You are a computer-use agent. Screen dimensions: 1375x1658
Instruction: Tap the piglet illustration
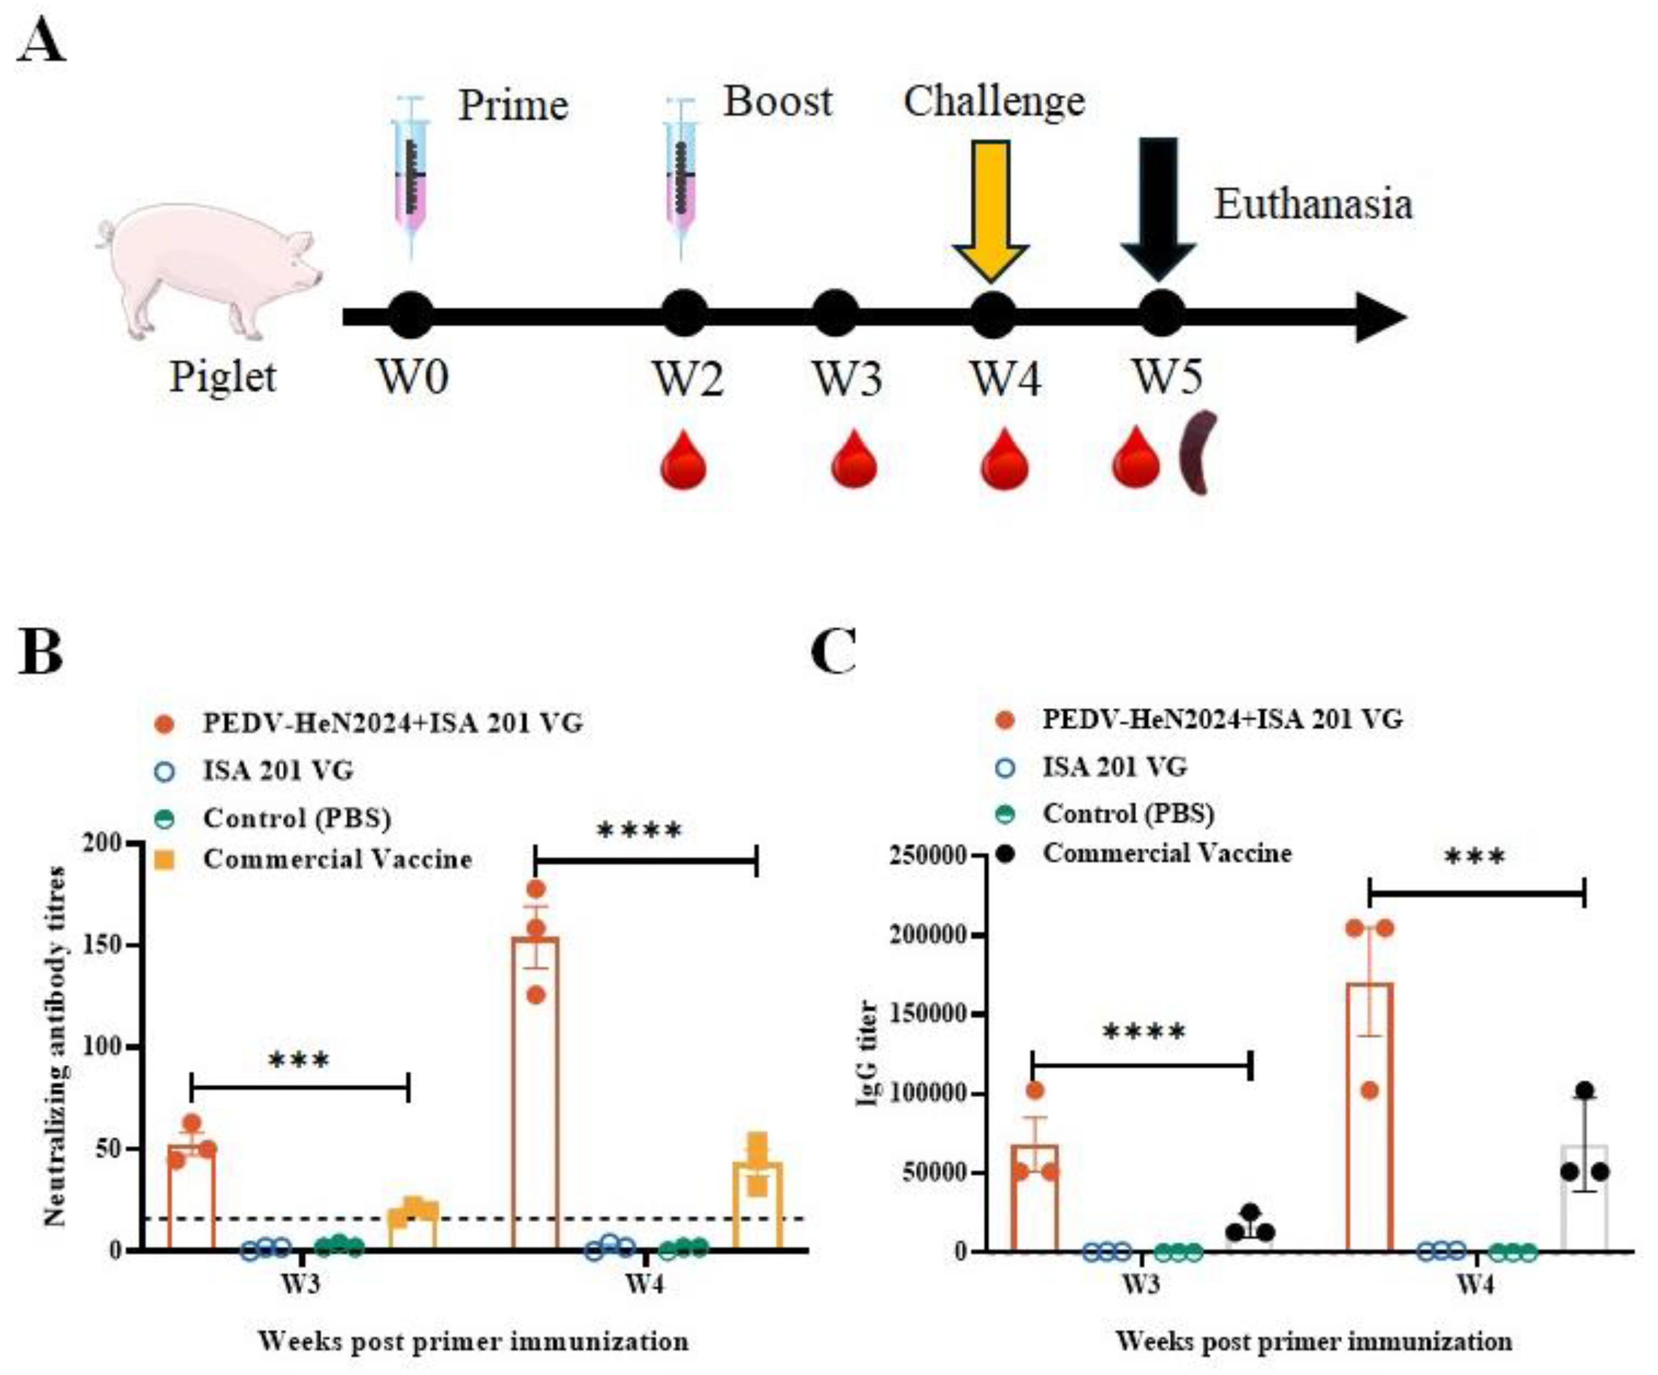[209, 269]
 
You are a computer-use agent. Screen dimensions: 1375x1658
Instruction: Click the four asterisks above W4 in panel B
[639, 830]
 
